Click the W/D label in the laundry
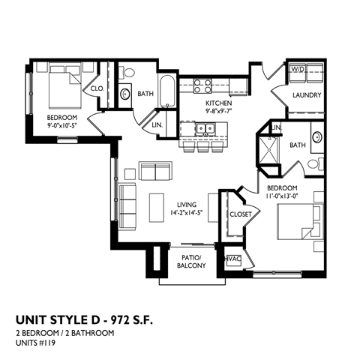click(x=298, y=69)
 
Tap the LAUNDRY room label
click(x=307, y=95)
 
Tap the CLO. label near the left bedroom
click(x=97, y=88)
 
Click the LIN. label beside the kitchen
click(x=159, y=125)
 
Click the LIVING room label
click(x=187, y=204)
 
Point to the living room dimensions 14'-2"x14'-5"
click(x=187, y=213)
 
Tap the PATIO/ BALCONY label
click(x=191, y=260)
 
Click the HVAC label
click(x=233, y=259)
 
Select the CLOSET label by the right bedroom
click(x=241, y=214)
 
